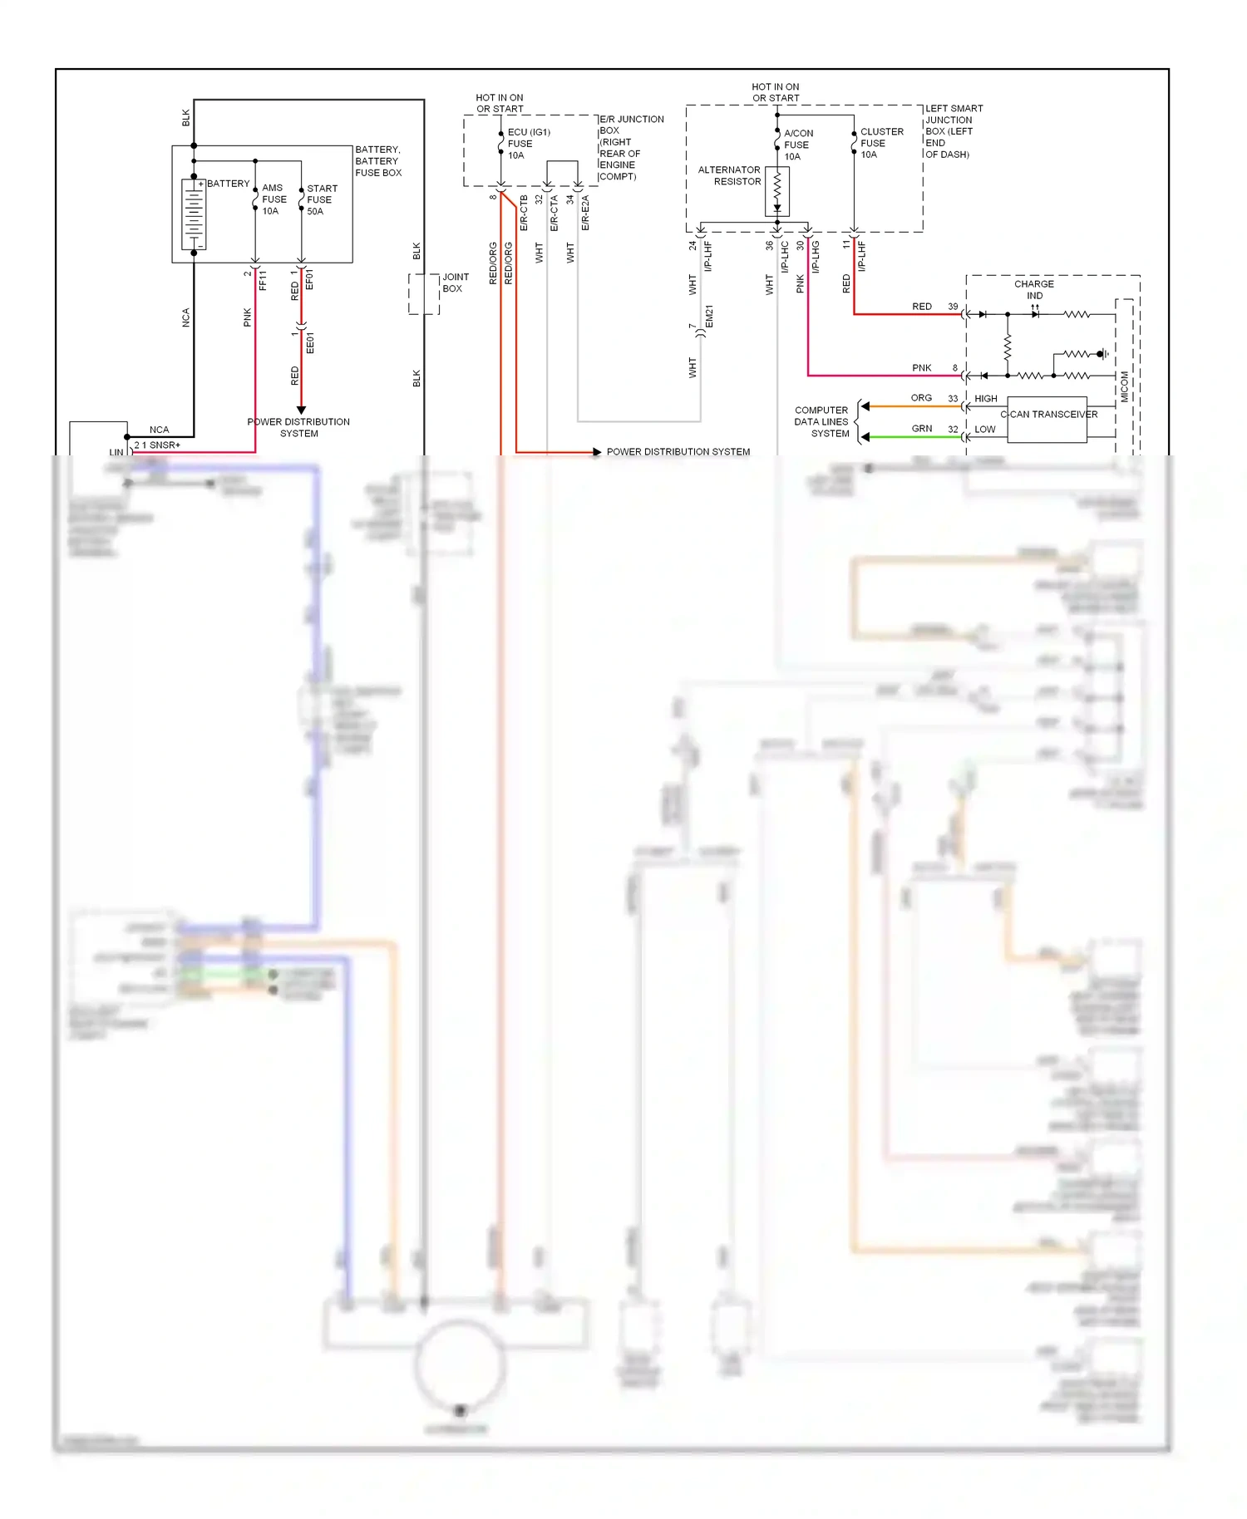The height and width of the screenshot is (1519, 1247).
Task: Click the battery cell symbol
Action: tap(194, 214)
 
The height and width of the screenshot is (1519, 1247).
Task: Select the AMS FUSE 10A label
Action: tap(274, 199)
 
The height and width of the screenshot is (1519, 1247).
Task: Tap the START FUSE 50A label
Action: tap(321, 199)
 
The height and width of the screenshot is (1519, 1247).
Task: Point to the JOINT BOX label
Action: tap(455, 283)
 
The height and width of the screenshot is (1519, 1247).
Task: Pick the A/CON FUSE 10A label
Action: tap(797, 145)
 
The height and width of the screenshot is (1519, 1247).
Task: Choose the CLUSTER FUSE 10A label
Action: tap(880, 143)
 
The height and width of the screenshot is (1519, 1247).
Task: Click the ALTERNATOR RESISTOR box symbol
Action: tap(777, 191)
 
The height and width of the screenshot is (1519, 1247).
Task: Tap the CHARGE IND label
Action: tap(1033, 289)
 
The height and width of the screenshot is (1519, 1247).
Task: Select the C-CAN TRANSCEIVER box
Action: tap(1047, 419)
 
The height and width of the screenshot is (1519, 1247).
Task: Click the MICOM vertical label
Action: tap(1125, 387)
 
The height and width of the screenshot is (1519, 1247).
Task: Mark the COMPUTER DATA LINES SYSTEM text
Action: tap(821, 422)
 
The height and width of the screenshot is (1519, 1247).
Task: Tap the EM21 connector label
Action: tap(709, 317)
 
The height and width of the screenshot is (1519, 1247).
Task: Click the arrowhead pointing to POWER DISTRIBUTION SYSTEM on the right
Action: tap(596, 452)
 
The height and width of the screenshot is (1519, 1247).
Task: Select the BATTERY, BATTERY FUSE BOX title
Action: tap(377, 161)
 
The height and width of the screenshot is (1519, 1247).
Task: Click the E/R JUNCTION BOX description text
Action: tap(630, 148)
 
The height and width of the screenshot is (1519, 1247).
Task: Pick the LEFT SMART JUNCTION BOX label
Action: tap(953, 131)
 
